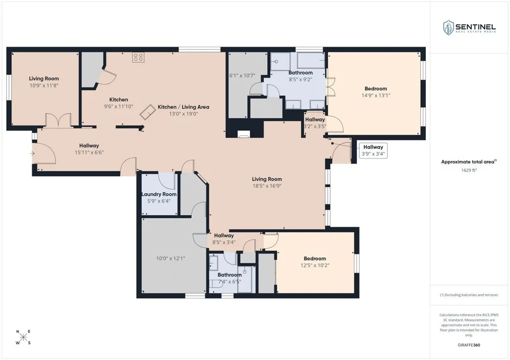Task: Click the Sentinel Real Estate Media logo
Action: pos(469,28)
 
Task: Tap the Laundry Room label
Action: pos(159,194)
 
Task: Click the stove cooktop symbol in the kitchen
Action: pos(138,58)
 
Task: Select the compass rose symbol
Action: pos(23,337)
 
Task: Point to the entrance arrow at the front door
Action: pos(32,153)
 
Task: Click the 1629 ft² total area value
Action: pos(469,170)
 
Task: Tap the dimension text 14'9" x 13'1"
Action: pos(376,96)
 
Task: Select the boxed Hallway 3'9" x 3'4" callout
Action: pos(373,150)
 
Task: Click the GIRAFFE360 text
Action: pos(469,345)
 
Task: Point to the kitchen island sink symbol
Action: pos(147,112)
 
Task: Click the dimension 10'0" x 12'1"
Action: pos(171,259)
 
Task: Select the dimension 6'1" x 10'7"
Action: pos(242,76)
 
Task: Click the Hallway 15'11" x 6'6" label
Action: pos(89,149)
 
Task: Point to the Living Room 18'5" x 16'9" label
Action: pos(267,183)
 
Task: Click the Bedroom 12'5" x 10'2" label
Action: pos(315,262)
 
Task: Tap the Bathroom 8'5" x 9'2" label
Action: pos(300,76)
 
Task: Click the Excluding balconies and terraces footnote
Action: pos(469,295)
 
